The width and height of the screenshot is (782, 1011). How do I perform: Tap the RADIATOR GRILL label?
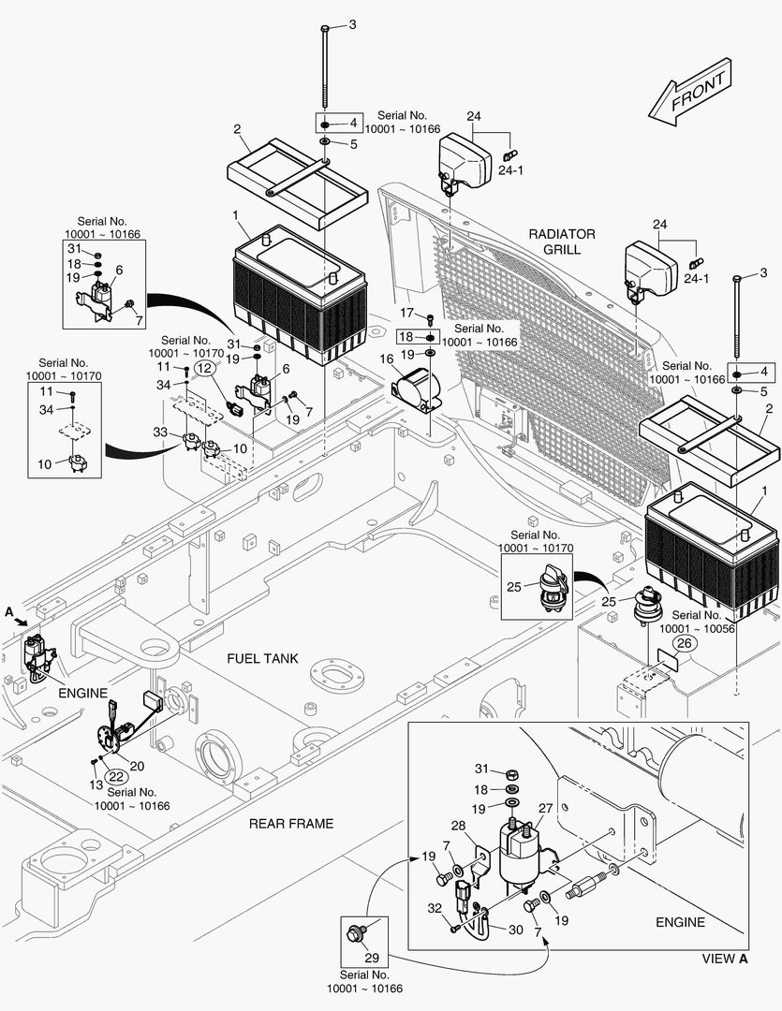pos(561,241)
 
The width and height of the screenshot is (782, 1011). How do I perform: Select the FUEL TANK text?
pos(262,658)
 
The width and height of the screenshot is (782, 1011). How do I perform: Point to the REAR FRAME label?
pos(290,824)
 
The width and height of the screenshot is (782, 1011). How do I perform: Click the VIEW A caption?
pos(725,959)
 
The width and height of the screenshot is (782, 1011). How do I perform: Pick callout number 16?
pos(386,359)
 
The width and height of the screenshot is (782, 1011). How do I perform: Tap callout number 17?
pos(406,312)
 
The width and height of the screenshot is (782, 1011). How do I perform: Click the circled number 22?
pos(115,775)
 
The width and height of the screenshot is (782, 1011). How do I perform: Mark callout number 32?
pos(435,908)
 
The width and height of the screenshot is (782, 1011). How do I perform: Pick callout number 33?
pos(162,432)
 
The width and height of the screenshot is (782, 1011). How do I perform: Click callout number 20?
pos(137,765)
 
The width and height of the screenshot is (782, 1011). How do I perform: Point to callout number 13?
pos(94,784)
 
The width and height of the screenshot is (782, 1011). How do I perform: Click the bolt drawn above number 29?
pos(357,931)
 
